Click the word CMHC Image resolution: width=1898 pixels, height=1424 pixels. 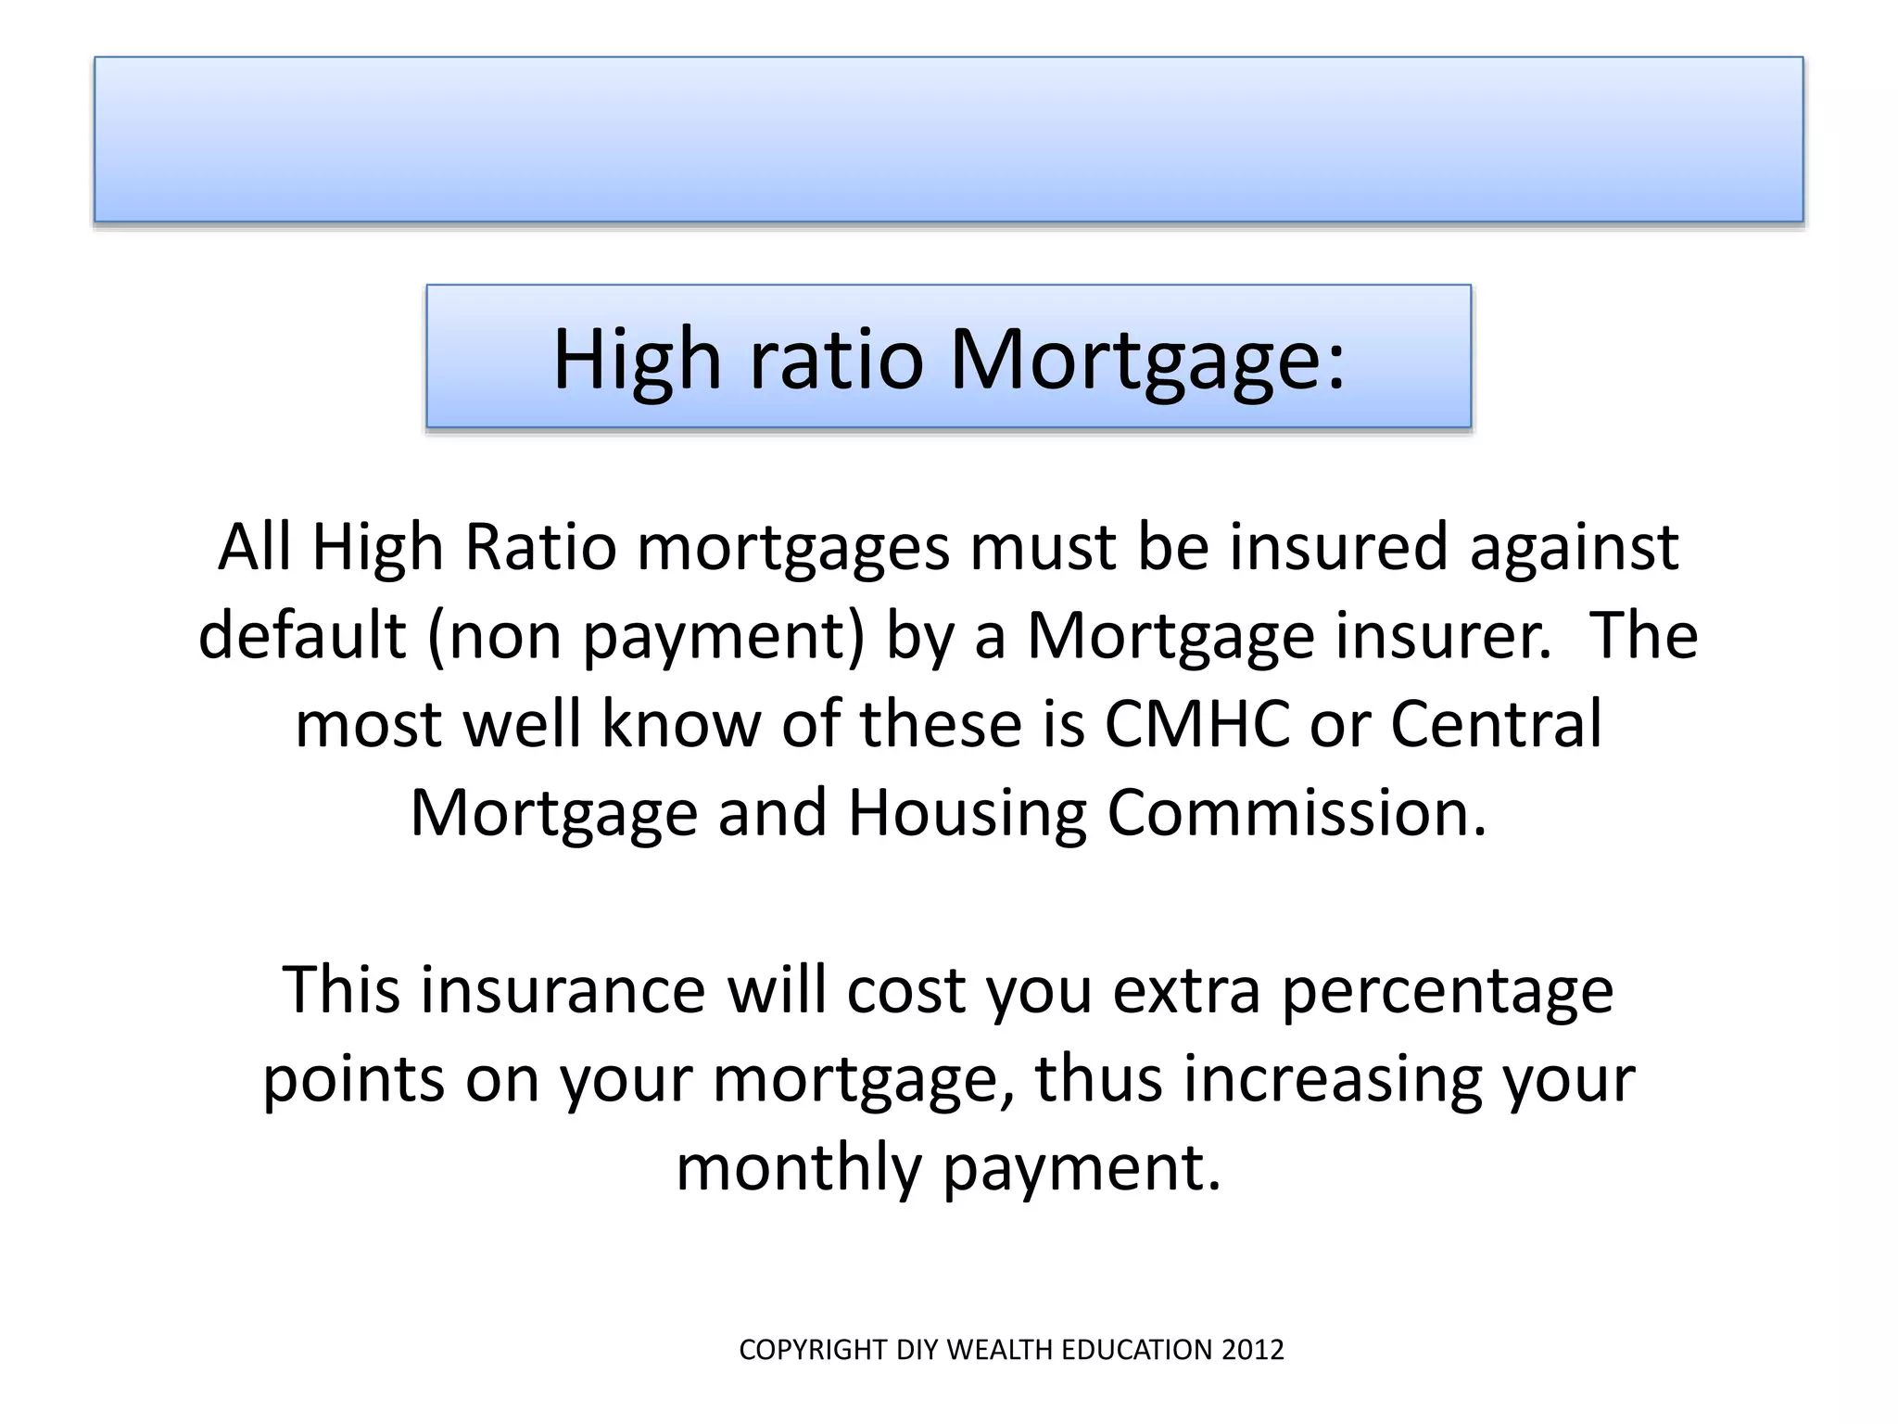pyautogui.click(x=1196, y=724)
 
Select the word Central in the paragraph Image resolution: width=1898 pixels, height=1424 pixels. pyautogui.click(x=1496, y=724)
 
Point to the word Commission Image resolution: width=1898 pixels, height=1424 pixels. pyautogui.click(x=1297, y=813)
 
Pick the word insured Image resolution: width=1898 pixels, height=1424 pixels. pyautogui.click(x=1337, y=547)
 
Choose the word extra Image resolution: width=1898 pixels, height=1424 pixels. pyautogui.click(x=1186, y=990)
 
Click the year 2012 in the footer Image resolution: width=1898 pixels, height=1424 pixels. pyautogui.click(x=1252, y=1350)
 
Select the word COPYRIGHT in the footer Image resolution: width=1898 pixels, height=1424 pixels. pyautogui.click(x=813, y=1350)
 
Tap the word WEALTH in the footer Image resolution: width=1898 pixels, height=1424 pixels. pyautogui.click(x=1001, y=1350)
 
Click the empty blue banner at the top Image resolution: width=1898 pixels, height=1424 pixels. pyautogui.click(x=948, y=139)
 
